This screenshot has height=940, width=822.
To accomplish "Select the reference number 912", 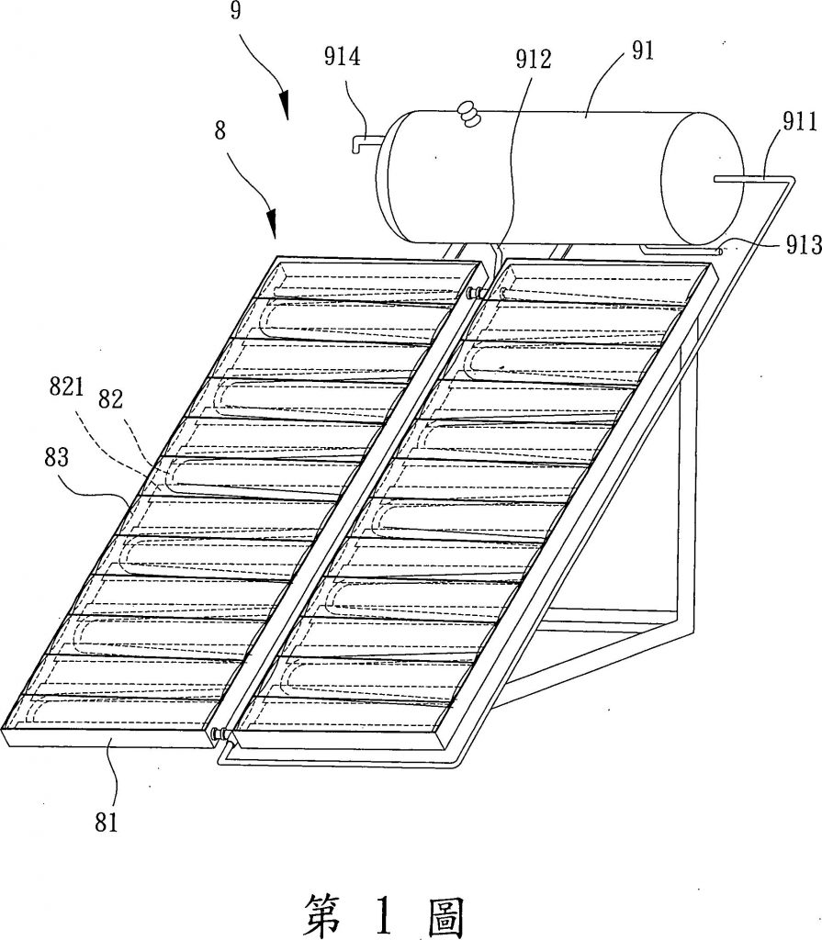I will click(534, 61).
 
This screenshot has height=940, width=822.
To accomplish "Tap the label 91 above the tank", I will click(641, 50).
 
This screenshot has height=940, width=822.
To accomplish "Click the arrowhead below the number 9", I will click(285, 106).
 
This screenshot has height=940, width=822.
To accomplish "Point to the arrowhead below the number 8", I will click(273, 224).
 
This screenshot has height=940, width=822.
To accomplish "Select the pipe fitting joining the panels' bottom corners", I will click(220, 733).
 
